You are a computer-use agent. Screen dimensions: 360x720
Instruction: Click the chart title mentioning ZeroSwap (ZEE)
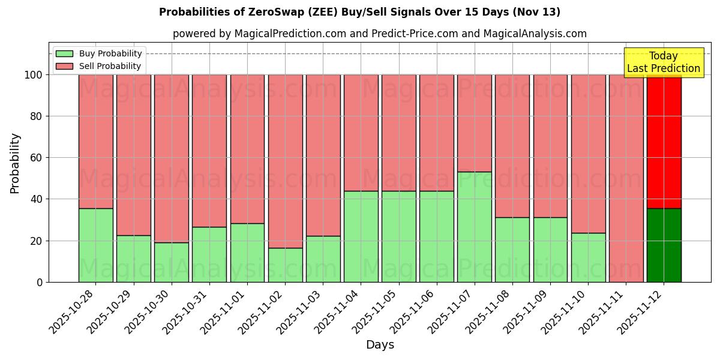pyautogui.click(x=359, y=12)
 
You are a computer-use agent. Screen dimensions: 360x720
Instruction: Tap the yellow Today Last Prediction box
pyautogui.click(x=663, y=62)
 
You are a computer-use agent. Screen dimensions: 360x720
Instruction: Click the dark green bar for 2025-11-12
pyautogui.click(x=664, y=245)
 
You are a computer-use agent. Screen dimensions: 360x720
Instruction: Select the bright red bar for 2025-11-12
pyautogui.click(x=664, y=141)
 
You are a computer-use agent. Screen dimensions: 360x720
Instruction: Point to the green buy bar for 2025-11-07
pyautogui.click(x=474, y=227)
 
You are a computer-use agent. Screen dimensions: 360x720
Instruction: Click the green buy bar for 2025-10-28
pyautogui.click(x=95, y=245)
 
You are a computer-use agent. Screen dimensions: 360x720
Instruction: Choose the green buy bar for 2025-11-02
pyautogui.click(x=285, y=265)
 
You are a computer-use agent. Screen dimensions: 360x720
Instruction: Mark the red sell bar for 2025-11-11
pyautogui.click(x=626, y=178)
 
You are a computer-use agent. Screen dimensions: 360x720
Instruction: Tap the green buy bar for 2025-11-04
pyautogui.click(x=361, y=236)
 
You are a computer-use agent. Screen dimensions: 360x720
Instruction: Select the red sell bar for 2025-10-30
pyautogui.click(x=171, y=158)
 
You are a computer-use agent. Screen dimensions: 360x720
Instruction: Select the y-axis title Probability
pyautogui.click(x=15, y=163)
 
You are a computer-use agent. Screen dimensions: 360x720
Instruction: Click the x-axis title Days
pyautogui.click(x=380, y=345)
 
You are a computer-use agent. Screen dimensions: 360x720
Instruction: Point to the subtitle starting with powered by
pyautogui.click(x=379, y=34)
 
